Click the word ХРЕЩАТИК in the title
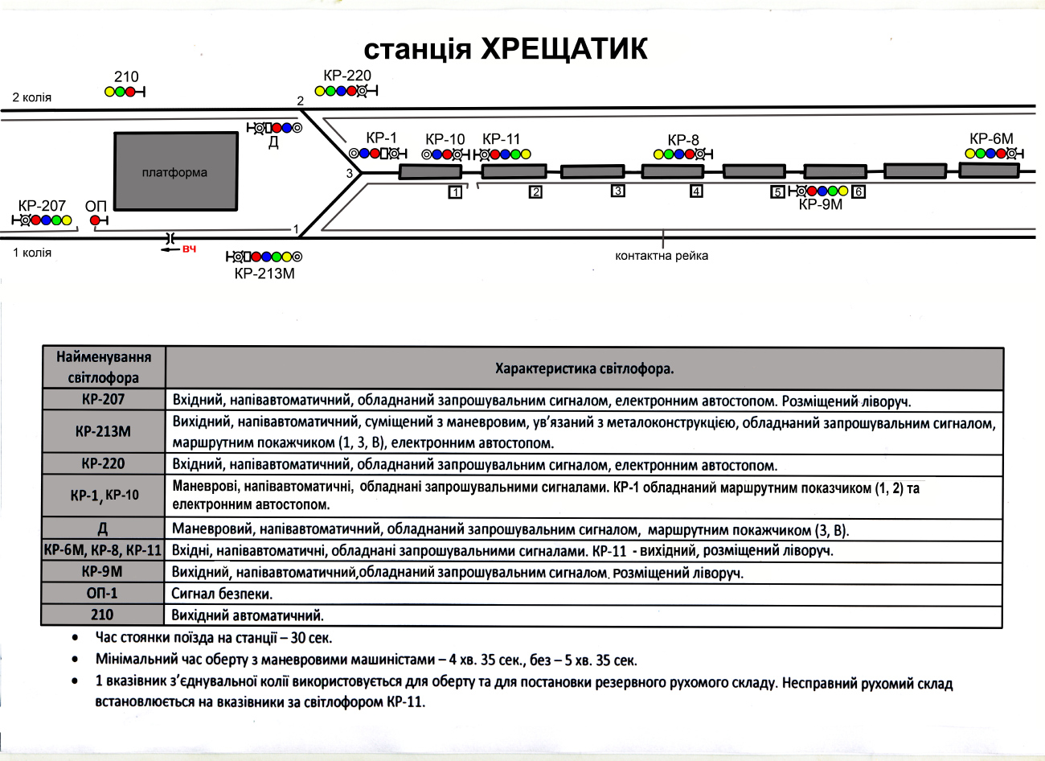pyautogui.click(x=563, y=48)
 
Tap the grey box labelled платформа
pyautogui.click(x=176, y=171)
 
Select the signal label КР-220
pyautogui.click(x=347, y=75)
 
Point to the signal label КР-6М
pyautogui.click(x=991, y=138)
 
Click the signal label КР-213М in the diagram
pyautogui.click(x=264, y=274)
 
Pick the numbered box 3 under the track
pyautogui.click(x=617, y=191)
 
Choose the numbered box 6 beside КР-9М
pyautogui.click(x=859, y=191)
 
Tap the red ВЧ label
pyautogui.click(x=189, y=249)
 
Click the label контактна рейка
pyautogui.click(x=662, y=255)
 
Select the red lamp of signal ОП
pyautogui.click(x=95, y=220)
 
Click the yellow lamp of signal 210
pyautogui.click(x=109, y=92)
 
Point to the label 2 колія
pyautogui.click(x=31, y=97)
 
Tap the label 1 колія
pyautogui.click(x=31, y=253)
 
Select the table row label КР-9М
pyautogui.click(x=102, y=571)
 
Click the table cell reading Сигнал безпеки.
pyautogui.click(x=222, y=594)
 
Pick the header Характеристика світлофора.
pyautogui.click(x=584, y=368)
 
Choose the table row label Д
pyautogui.click(x=103, y=529)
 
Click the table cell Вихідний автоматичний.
pyautogui.click(x=248, y=615)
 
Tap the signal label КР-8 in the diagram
pyautogui.click(x=683, y=140)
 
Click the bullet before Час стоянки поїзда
pyautogui.click(x=75, y=637)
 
